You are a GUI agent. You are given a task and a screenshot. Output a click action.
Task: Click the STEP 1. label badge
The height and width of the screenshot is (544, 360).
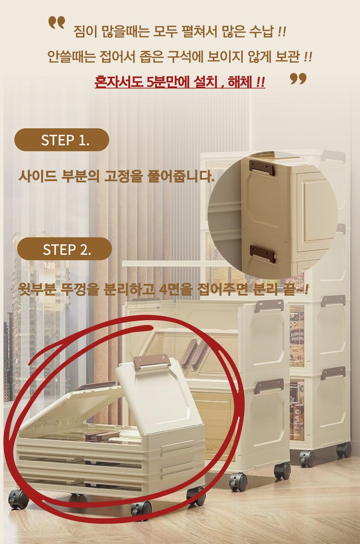(61, 140)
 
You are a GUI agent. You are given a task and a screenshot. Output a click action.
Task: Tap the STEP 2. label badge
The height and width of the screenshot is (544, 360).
(64, 249)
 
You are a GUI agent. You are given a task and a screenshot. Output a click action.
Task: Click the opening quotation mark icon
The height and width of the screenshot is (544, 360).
(56, 23)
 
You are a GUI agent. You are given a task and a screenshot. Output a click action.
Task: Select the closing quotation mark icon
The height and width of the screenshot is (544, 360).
(298, 79)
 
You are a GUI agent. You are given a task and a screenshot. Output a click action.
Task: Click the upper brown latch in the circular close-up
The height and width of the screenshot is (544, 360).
(262, 168)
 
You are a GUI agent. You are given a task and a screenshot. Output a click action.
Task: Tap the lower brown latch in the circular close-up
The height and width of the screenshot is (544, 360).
(263, 254)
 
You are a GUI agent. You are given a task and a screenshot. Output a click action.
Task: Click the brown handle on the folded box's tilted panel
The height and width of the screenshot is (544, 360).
(152, 362)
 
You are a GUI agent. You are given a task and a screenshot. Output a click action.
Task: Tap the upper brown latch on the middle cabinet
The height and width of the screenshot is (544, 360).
(268, 306)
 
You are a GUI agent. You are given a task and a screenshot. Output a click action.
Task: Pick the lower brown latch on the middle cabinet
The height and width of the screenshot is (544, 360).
(268, 386)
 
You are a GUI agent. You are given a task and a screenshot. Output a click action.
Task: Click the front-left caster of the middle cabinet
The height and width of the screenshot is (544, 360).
(238, 482)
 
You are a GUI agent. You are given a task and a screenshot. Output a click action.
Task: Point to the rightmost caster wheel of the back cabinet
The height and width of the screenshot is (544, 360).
(344, 450)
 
